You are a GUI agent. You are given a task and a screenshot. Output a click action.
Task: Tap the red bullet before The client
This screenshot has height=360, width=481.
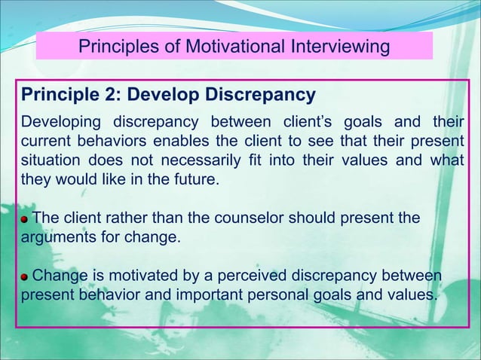click(x=26, y=219)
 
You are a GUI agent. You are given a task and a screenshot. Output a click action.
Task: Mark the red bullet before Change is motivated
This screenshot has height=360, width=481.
click(x=26, y=276)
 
